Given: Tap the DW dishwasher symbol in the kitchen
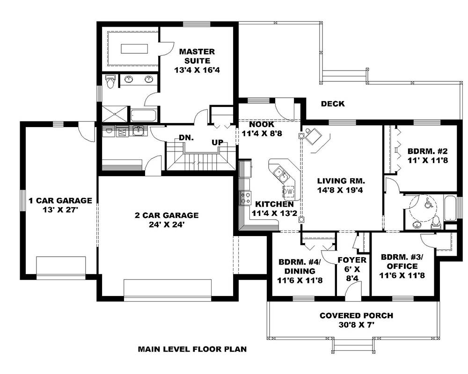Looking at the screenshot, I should pos(289,191).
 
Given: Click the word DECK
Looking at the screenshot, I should pos(333,103).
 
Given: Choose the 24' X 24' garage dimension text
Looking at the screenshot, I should pos(167,224).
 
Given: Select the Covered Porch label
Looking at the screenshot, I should pos(356,316).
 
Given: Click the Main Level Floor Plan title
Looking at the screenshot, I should pos(192,349).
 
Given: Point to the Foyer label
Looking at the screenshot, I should pos(351,260).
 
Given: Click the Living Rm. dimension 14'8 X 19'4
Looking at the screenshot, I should pos(341,190).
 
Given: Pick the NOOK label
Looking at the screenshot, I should pos(261,125).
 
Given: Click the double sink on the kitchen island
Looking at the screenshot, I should pos(281,174).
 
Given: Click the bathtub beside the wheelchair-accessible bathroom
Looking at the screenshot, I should pos(449,209).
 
